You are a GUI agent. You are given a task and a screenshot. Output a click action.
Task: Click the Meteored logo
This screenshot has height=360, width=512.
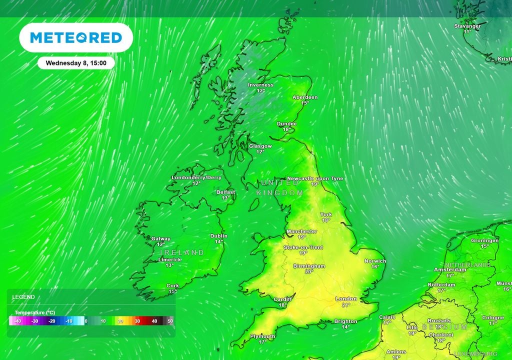(x=76, y=37)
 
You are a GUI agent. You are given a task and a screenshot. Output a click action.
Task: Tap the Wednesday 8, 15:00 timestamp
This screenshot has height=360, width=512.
(x=76, y=63)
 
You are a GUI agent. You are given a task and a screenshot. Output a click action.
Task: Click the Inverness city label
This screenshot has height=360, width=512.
(x=260, y=85)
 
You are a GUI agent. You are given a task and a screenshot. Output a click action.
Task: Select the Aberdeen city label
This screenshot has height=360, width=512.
(x=305, y=97)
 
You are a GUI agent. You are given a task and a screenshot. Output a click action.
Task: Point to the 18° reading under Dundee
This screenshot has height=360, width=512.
(x=287, y=129)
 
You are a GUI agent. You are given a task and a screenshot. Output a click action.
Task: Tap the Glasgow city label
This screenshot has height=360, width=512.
(x=260, y=146)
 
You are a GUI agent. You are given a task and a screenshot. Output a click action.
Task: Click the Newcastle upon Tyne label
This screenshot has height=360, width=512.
(x=315, y=178)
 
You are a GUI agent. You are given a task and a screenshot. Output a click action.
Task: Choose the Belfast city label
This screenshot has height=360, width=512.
(x=225, y=192)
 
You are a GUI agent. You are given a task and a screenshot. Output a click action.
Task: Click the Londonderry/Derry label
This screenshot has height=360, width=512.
(x=196, y=177)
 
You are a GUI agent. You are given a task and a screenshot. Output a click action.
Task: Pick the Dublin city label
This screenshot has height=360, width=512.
(x=219, y=236)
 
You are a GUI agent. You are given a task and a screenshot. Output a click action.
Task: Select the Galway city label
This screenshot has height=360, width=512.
(x=160, y=239)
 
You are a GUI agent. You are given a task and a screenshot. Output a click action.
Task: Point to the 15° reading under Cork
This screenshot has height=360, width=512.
(x=172, y=291)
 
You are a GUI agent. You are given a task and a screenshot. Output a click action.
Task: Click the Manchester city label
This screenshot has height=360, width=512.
(x=301, y=231)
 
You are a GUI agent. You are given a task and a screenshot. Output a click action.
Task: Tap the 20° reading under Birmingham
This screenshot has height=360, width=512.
(x=309, y=271)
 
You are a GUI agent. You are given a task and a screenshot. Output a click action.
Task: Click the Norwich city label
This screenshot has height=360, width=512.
(x=375, y=261)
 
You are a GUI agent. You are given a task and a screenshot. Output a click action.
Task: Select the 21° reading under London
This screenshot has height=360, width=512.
(x=346, y=304)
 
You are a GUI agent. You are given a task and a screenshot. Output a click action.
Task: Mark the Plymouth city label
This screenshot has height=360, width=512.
(x=262, y=336)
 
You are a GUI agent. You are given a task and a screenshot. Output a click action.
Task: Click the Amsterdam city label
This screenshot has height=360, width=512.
(x=450, y=269)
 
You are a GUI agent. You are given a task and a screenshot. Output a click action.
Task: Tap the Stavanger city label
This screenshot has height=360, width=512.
(x=467, y=26)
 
